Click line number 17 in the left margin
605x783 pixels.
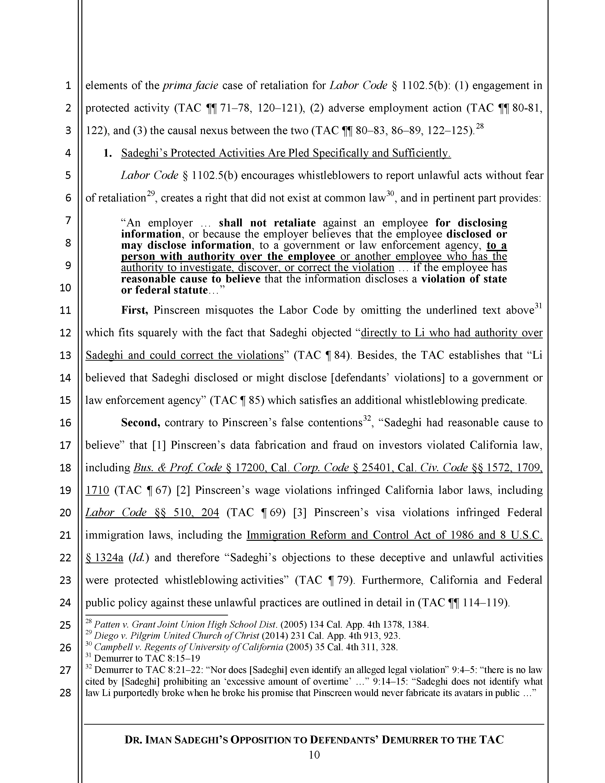pyautogui.click(x=65, y=445)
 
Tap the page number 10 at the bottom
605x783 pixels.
pyautogui.click(x=314, y=755)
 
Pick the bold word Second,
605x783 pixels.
pyautogui.click(x=140, y=423)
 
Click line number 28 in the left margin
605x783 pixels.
pyautogui.click(x=65, y=693)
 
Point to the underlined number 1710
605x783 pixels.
pyautogui.click(x=97, y=490)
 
